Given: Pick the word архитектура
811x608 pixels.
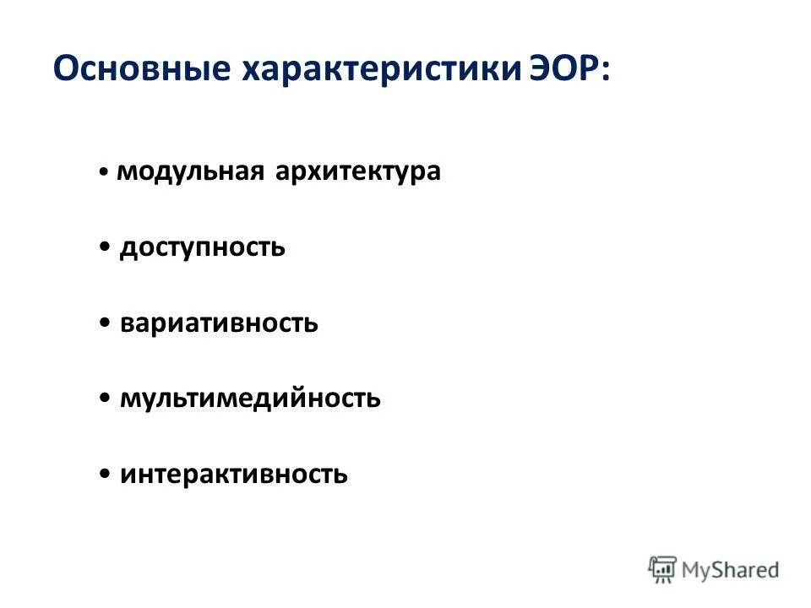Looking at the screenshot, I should (x=357, y=171).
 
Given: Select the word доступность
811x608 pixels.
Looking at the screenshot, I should (x=202, y=248).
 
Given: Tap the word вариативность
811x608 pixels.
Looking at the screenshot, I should (x=219, y=323).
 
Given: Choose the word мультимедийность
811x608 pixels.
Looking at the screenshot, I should (x=250, y=399).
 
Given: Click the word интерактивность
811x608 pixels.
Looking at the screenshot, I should (x=234, y=475).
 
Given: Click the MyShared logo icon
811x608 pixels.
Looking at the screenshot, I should (x=663, y=569).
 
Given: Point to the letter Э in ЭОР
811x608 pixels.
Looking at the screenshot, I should (x=540, y=69).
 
